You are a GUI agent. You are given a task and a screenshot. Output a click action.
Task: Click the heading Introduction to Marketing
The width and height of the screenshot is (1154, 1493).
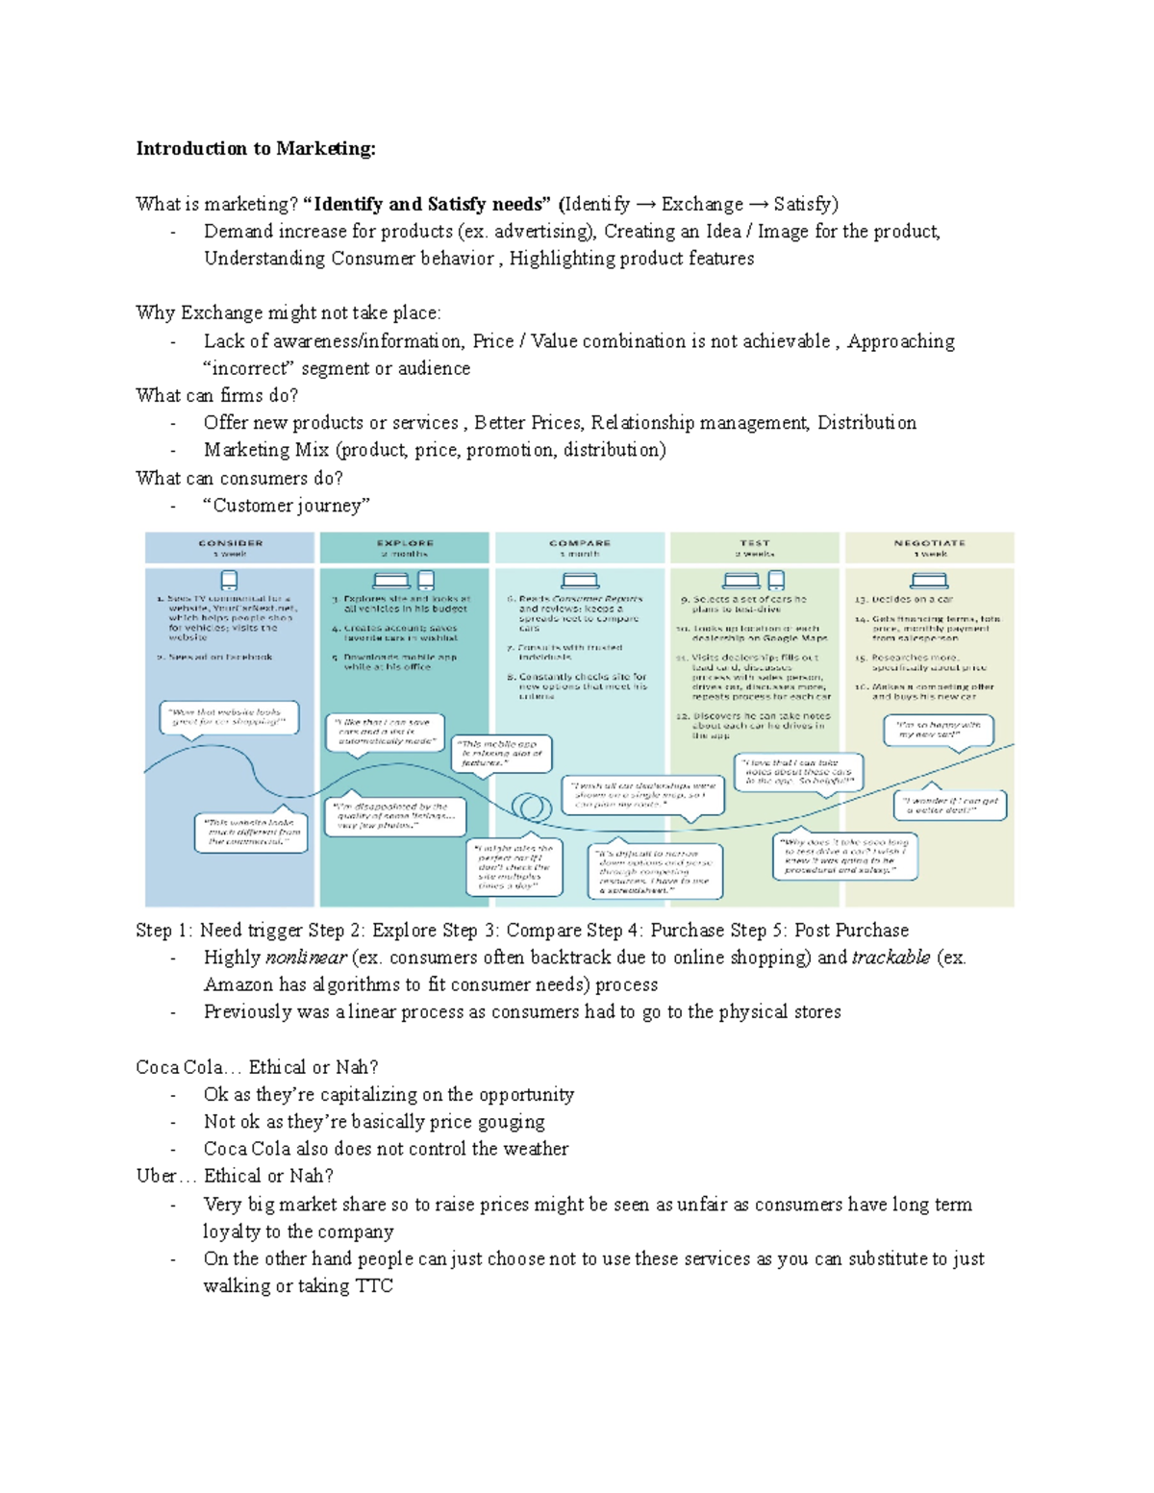coord(255,148)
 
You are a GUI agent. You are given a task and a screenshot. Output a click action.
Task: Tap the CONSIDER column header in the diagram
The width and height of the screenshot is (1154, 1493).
coord(230,543)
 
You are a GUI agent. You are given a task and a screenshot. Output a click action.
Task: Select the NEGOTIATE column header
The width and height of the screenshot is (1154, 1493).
coord(929,543)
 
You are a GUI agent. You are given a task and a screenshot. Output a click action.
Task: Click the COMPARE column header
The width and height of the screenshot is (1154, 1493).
coord(580,543)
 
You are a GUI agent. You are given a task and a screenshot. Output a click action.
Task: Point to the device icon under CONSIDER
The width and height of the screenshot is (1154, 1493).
coord(229,580)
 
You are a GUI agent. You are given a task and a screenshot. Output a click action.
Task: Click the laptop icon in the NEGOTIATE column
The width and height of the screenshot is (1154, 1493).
coord(929,580)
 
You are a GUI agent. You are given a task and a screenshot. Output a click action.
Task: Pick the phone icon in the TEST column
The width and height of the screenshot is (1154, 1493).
coord(776,580)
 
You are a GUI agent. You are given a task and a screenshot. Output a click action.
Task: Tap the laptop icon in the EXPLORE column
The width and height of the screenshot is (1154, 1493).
coord(391,580)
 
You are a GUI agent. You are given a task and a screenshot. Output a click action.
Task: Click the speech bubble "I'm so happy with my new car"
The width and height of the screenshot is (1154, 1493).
coord(938,730)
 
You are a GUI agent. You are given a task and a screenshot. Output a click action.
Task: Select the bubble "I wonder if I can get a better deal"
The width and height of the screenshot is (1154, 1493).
coord(950,806)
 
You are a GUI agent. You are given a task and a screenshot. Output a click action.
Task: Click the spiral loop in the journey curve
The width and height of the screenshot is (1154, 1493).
coord(530,806)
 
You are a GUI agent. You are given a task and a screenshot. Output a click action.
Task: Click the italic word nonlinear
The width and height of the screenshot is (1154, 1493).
coord(306,958)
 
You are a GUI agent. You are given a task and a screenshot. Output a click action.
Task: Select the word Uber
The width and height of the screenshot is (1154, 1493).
coord(156,1176)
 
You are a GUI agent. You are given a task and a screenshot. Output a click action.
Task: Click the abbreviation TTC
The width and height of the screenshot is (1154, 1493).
coord(374,1286)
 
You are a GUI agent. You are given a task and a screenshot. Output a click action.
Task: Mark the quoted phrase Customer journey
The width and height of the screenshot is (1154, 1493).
coord(287,506)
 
